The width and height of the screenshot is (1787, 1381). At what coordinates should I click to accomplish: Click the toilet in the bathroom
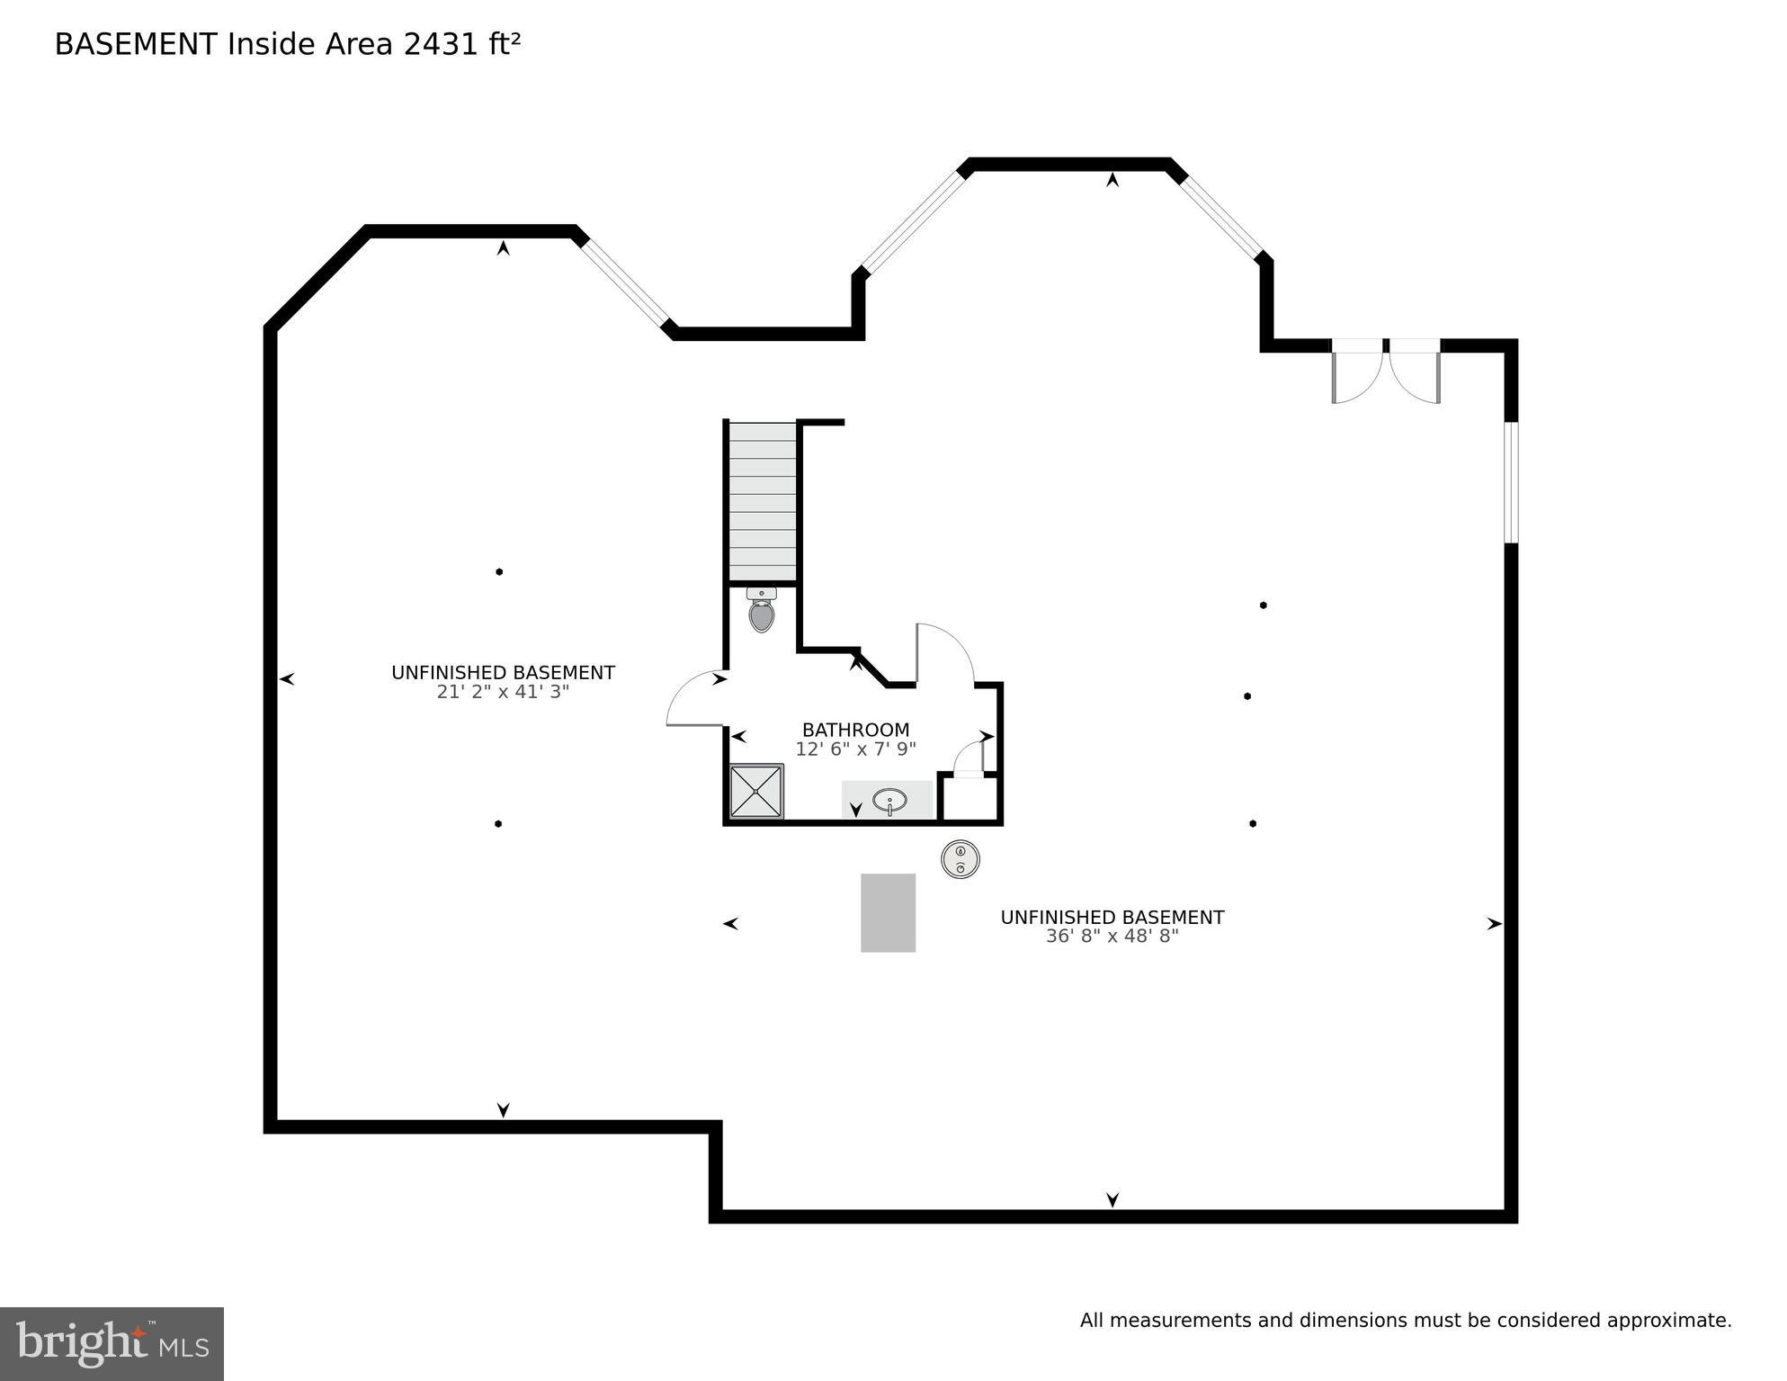point(762,612)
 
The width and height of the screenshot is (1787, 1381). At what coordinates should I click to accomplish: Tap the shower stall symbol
point(755,792)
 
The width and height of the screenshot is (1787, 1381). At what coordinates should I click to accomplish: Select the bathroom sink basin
point(889,800)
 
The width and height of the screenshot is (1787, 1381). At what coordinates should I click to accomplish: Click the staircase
point(762,502)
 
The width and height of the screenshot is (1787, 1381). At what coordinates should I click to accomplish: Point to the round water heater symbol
point(960,859)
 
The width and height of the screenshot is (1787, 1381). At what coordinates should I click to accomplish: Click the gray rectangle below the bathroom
point(888,912)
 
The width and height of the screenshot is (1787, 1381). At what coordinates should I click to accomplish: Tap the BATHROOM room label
point(855,730)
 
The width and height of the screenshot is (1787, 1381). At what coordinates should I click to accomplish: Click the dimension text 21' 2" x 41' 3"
point(503,692)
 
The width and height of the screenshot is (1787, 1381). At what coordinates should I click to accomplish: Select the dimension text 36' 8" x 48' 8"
point(1112,937)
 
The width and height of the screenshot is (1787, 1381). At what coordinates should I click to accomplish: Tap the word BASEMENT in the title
point(136,44)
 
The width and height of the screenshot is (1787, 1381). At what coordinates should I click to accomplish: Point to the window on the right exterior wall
point(1511,482)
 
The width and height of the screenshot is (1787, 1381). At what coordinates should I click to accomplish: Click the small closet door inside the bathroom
point(969,758)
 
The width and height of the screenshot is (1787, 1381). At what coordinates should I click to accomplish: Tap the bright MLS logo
point(112,1344)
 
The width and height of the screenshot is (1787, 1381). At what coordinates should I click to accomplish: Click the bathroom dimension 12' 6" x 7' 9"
point(855,749)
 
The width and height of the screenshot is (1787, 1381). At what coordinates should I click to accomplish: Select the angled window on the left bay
point(624,282)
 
